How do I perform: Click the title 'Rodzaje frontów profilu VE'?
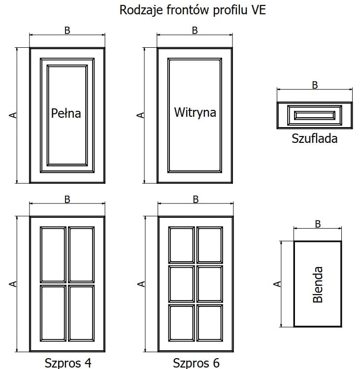(x=193, y=10)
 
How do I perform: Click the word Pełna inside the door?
(x=66, y=113)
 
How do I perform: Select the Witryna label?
(x=195, y=112)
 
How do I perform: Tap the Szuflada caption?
(x=315, y=138)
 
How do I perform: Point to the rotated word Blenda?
(x=318, y=284)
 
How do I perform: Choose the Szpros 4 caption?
(x=68, y=363)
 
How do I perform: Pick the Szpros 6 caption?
(x=196, y=363)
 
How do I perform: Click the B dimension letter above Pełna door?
(x=67, y=30)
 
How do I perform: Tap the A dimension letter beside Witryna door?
(x=140, y=115)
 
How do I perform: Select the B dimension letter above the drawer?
(x=315, y=85)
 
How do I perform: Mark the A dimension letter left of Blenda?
(x=277, y=284)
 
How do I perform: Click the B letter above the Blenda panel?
(x=318, y=224)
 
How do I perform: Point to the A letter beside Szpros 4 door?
(x=13, y=284)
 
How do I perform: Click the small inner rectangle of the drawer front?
(x=315, y=115)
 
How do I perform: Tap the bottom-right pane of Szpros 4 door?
(x=81, y=313)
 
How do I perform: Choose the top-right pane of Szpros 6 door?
(x=210, y=244)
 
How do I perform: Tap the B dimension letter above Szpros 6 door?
(x=196, y=200)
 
